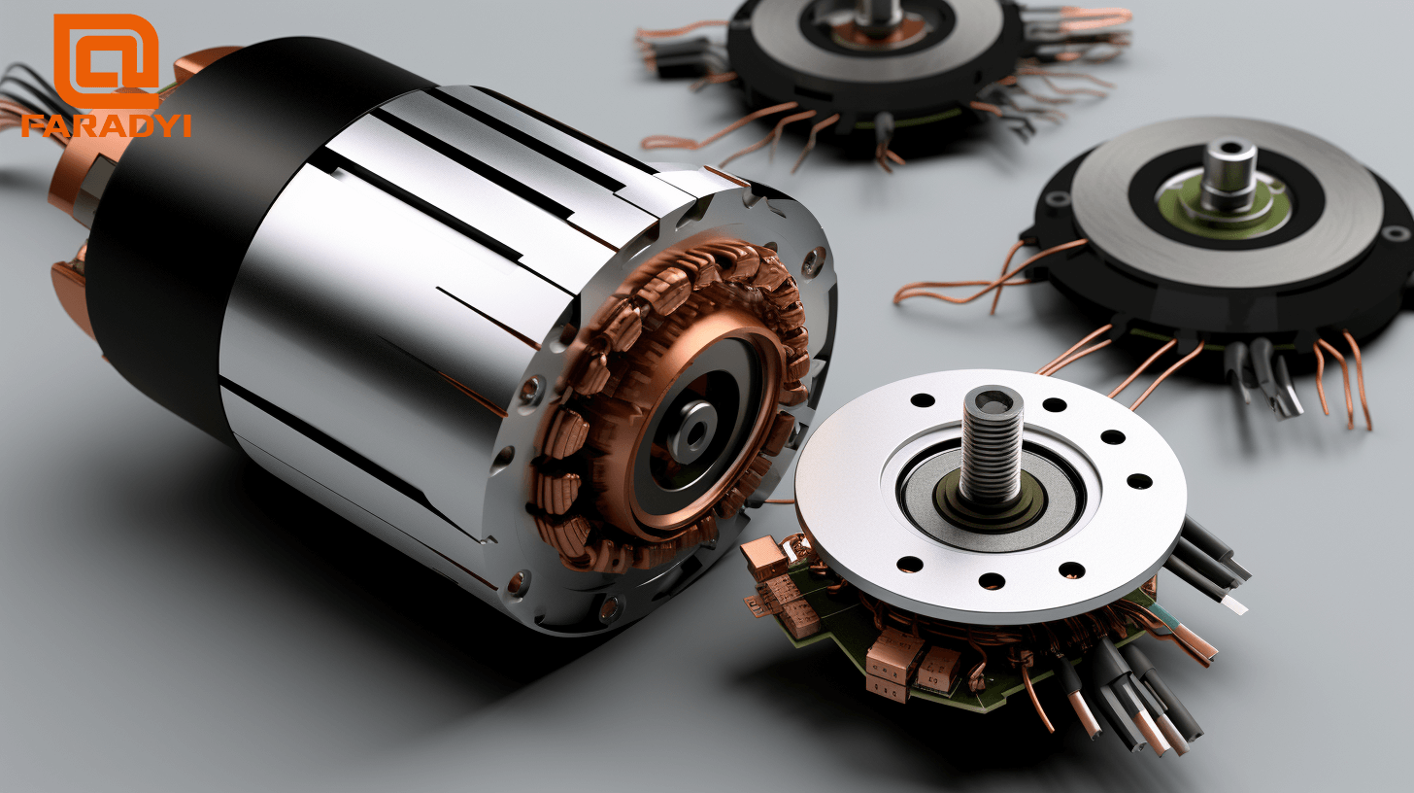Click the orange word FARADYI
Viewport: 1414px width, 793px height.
[106, 125]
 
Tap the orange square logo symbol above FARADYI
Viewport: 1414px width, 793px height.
[106, 60]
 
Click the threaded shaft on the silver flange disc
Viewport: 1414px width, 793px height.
[991, 442]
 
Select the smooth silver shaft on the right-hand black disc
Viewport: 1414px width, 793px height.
[1229, 175]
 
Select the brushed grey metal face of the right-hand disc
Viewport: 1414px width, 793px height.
[1301, 214]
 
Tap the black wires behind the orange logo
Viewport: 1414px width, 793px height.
[24, 87]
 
